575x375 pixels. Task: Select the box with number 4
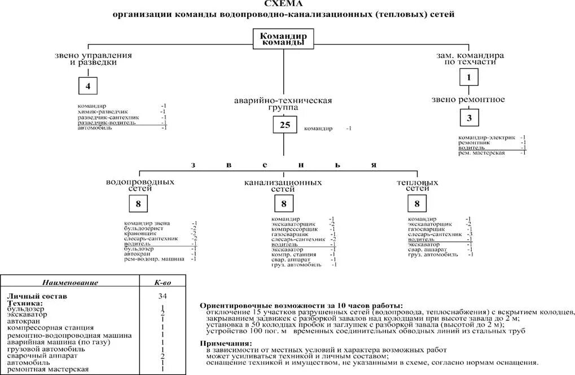(87, 86)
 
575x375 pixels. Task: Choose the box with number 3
(468, 117)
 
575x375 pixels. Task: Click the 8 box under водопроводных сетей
(139, 204)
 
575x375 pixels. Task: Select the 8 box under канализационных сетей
(283, 204)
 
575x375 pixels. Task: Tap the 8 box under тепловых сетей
(417, 204)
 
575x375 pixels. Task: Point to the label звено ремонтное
(468, 100)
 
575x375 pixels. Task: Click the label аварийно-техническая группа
(283, 104)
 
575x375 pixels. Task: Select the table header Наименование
(71, 283)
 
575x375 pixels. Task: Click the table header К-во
(163, 283)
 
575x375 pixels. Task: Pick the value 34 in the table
(163, 295)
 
